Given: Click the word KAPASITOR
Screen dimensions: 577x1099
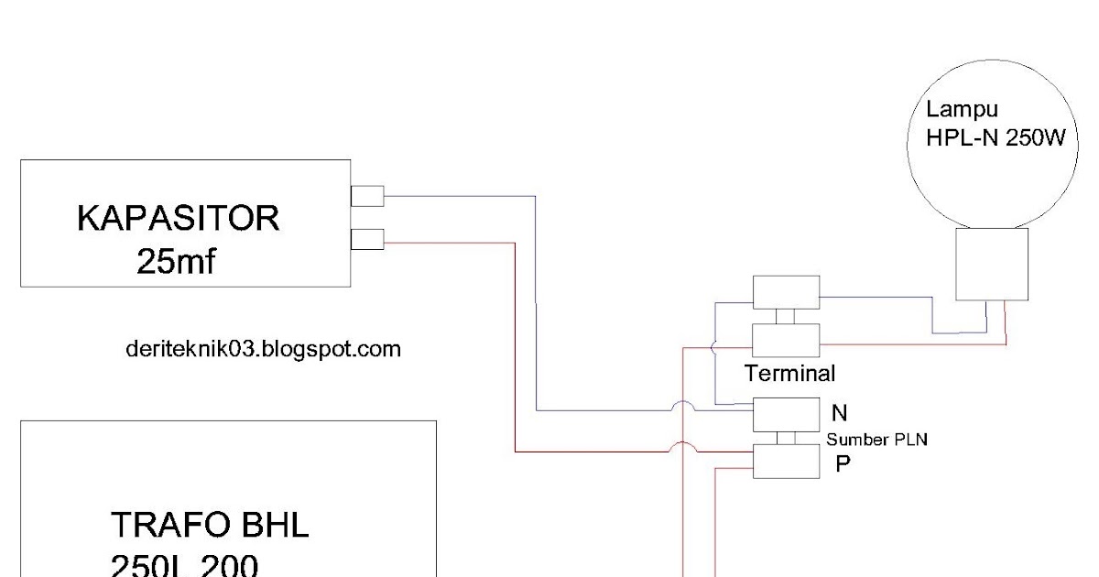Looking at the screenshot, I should (178, 220).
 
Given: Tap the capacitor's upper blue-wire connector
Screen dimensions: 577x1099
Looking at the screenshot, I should (367, 196).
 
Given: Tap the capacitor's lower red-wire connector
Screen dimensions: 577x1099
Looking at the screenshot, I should (367, 240).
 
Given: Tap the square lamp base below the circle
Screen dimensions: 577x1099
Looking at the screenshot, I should (991, 265).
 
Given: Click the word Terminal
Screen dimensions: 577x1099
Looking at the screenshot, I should (789, 374).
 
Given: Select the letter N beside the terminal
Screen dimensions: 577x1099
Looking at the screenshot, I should (839, 413).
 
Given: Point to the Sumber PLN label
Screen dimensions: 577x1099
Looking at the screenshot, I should (877, 440).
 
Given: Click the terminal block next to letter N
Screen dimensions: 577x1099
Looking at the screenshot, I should (786, 414).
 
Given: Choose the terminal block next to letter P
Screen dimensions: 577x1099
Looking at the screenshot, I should (786, 462).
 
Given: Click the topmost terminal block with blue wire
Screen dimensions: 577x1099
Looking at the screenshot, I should (786, 292).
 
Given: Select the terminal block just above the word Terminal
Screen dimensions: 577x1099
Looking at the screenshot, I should (786, 340).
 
